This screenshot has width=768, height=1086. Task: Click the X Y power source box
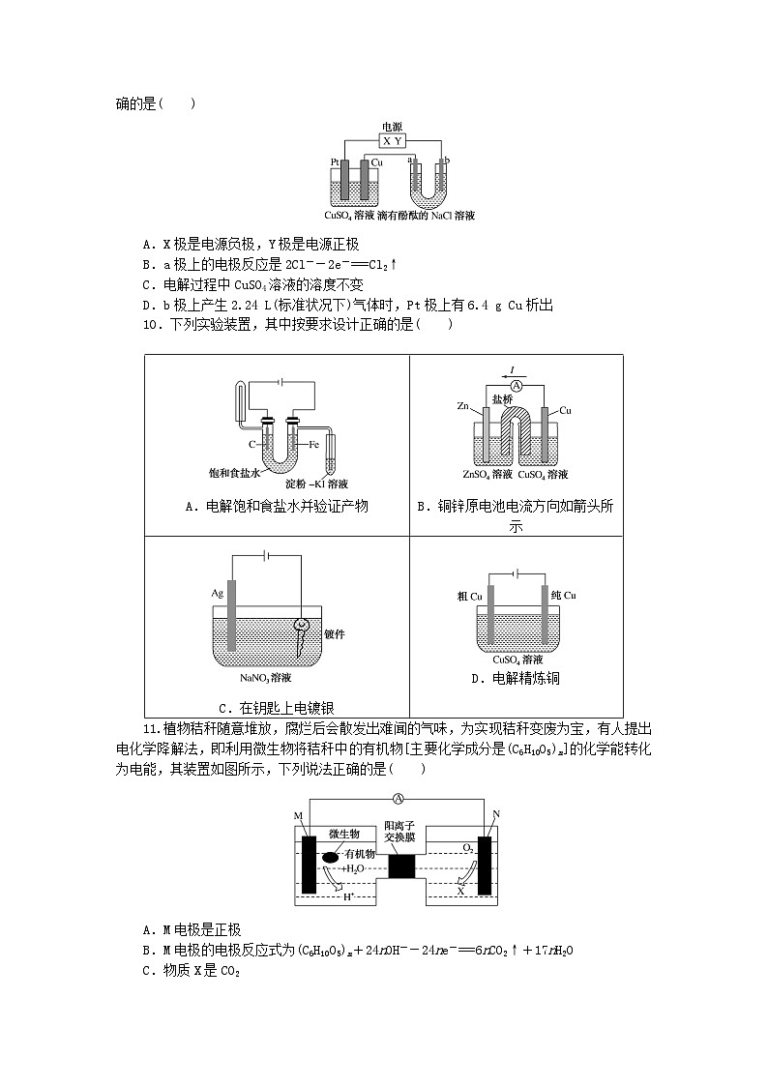392,140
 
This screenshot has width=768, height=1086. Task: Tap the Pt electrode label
335,161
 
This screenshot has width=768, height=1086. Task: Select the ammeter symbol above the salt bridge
517,385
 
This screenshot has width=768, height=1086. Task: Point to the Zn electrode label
463,407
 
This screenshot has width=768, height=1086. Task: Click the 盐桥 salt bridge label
502,398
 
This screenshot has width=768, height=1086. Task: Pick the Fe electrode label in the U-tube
314,445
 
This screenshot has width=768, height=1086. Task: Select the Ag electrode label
218,592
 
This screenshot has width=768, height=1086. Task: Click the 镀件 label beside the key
335,634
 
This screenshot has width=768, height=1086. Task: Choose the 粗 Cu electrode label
470,596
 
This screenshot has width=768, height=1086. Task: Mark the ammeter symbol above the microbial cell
398,799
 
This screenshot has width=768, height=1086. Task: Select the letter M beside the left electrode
298,817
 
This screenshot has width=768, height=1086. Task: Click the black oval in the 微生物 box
331,856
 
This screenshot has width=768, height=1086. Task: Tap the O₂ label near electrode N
467,847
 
